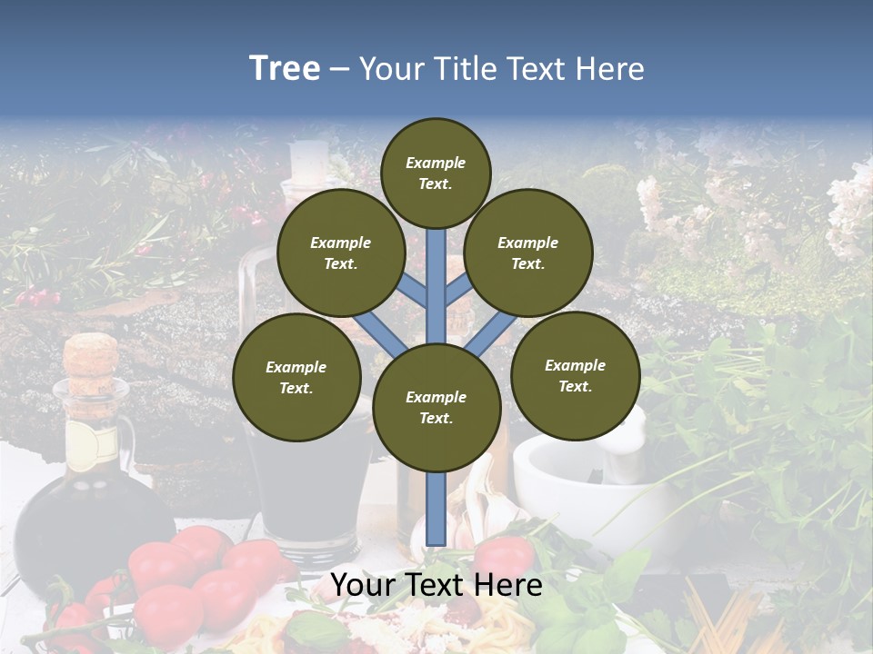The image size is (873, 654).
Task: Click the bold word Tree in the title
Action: pos(285,68)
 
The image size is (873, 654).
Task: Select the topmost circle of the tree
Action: pos(436,173)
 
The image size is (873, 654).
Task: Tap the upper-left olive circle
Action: pos(340,253)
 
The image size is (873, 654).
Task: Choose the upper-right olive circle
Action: pos(528,253)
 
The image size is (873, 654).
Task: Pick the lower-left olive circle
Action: pos(296,377)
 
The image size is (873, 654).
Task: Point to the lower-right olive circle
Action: pos(575,375)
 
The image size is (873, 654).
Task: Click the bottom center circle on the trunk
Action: pos(436,408)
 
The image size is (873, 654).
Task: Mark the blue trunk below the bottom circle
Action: pos(436,509)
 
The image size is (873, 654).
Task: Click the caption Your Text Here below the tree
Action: pos(436,585)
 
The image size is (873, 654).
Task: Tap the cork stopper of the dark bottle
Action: pos(91,355)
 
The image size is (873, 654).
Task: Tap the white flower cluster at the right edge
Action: pos(850,209)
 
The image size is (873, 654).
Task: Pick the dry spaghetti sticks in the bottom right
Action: pos(727,618)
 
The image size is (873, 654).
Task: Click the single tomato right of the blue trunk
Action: pos(503,556)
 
